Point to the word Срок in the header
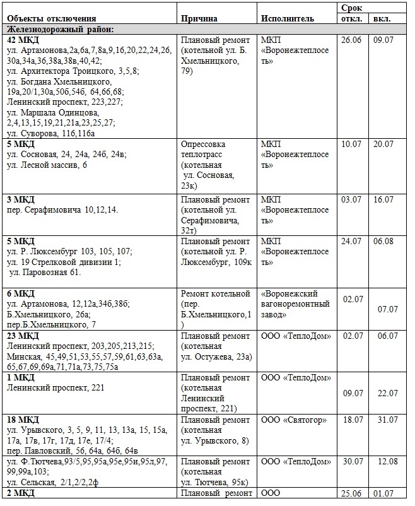coord(351,7)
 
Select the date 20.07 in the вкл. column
coord(383,144)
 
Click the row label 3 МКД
coord(20,199)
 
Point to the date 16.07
coord(383,199)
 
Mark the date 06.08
coord(383,241)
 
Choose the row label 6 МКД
coord(20,293)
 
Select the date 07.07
coord(387,309)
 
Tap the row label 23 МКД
coord(23,336)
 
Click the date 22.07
coord(387,393)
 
